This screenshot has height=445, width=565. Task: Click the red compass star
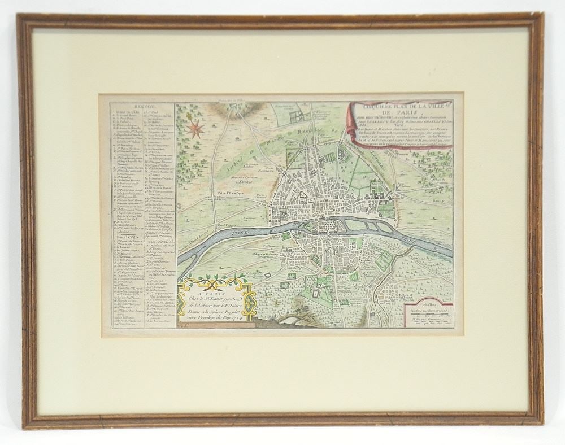196,129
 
